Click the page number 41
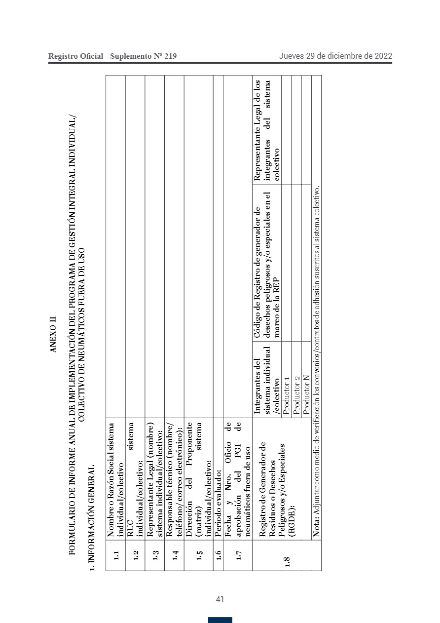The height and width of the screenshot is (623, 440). point(220,599)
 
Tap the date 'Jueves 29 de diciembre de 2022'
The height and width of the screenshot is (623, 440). point(335,56)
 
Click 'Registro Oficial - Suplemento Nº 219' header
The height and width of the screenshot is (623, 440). point(112,56)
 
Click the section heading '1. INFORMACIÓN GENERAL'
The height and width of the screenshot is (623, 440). point(90,514)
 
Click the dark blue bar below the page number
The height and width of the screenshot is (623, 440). point(220,620)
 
